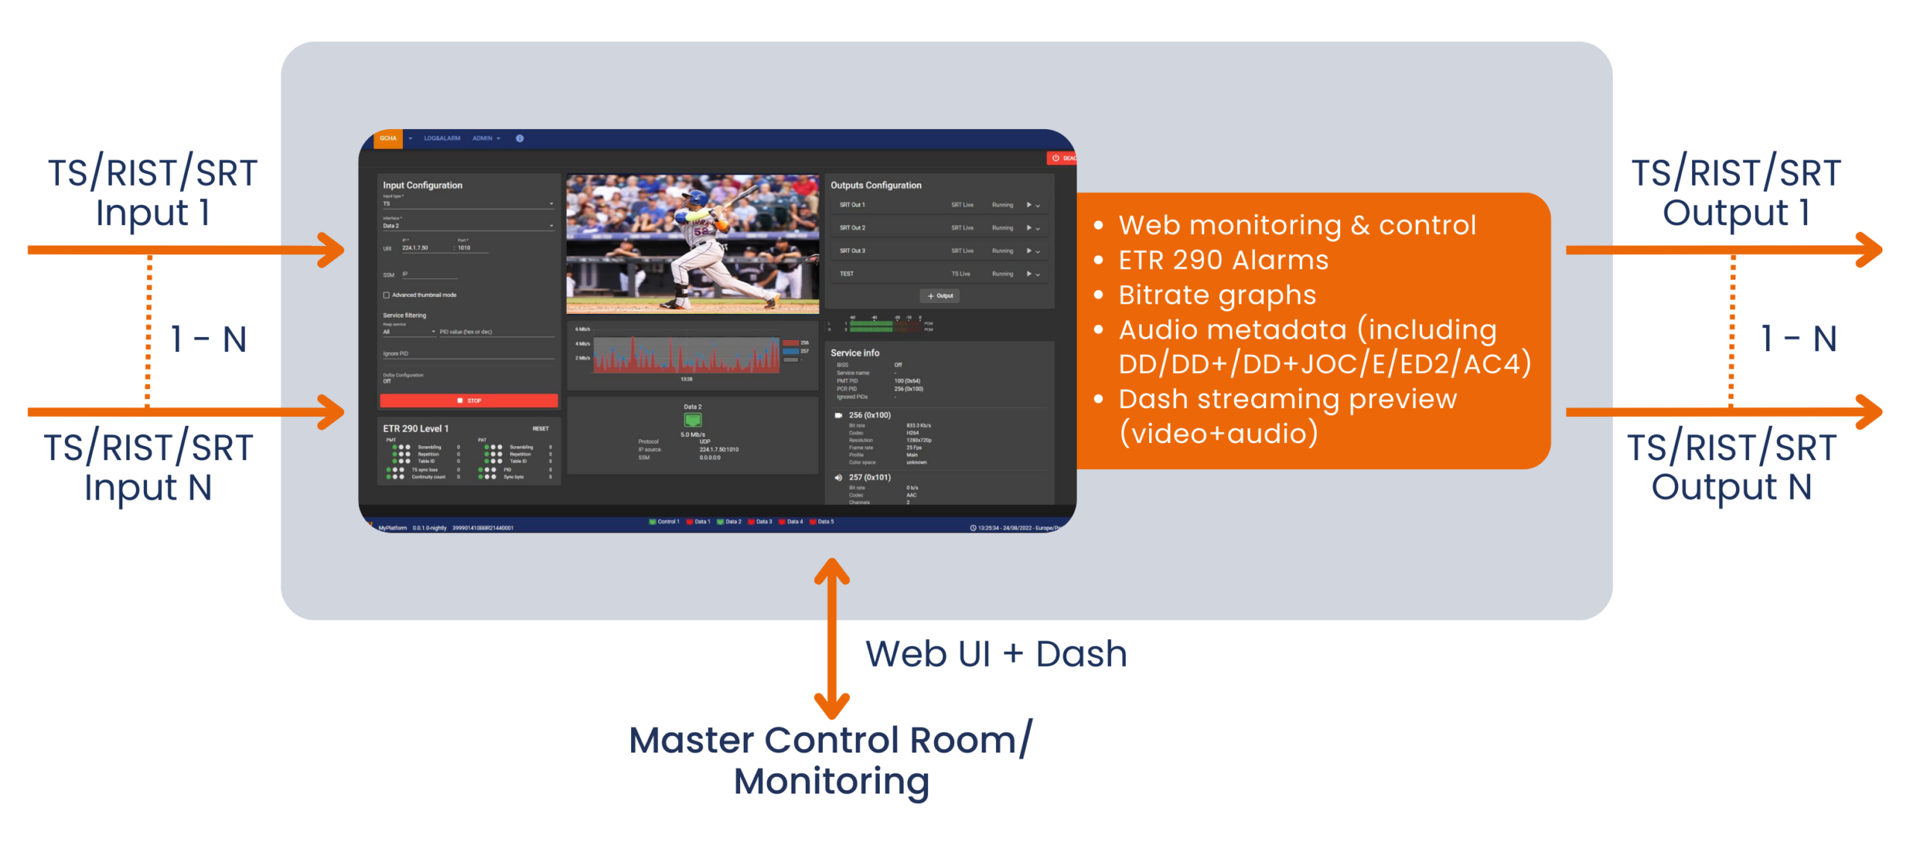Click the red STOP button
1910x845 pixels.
(469, 400)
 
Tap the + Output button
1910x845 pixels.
(939, 296)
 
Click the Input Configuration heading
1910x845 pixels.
(422, 185)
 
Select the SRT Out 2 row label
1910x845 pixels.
(852, 227)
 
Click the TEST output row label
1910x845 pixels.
(846, 274)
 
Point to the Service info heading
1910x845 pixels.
(854, 353)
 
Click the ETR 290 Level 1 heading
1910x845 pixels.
(416, 428)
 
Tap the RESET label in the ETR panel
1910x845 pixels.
(540, 429)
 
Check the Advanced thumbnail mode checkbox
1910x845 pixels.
(386, 295)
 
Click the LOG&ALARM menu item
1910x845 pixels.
(442, 138)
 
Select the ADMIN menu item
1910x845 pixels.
(483, 138)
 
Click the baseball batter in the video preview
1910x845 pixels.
(705, 242)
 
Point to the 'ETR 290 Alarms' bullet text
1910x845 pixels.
(1223, 260)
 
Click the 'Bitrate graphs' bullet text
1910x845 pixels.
(1217, 295)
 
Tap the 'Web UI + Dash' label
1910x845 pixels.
(995, 654)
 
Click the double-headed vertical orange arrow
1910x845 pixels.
(831, 638)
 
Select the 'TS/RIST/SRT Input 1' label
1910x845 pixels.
(153, 192)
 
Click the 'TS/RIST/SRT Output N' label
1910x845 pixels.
(1731, 467)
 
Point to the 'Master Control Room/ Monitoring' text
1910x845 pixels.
(830, 760)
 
